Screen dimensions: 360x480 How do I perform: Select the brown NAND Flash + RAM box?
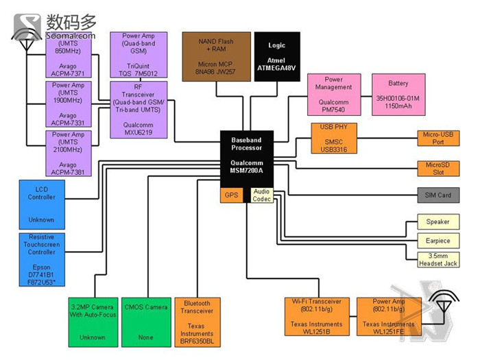[215, 56]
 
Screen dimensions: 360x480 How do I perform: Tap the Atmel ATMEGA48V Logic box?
[277, 56]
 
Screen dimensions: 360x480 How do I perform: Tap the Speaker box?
[438, 221]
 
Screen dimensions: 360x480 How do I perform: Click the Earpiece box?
[438, 241]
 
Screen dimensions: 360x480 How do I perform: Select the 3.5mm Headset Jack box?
[438, 260]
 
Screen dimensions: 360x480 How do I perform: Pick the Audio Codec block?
[262, 195]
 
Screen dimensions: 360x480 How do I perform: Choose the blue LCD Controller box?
[42, 202]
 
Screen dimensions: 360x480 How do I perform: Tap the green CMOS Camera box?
[146, 322]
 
